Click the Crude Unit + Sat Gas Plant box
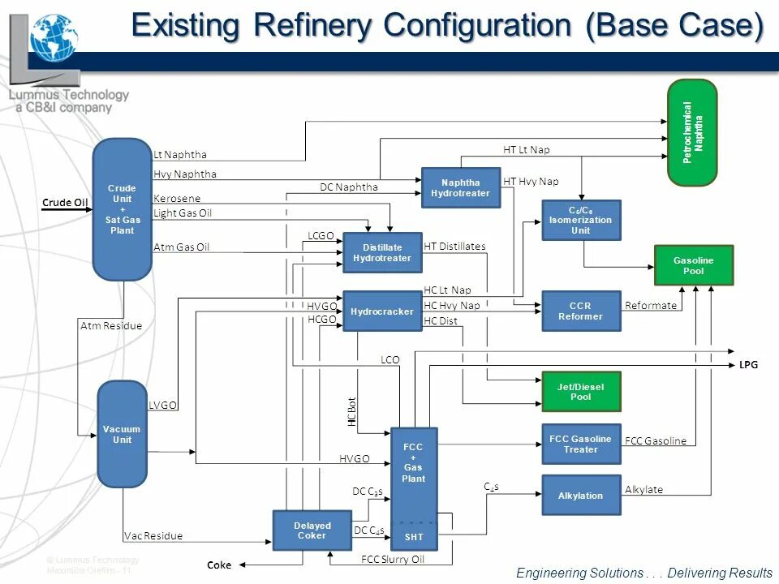pos(123,209)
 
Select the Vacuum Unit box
pos(122,434)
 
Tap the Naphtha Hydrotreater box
pos(461,187)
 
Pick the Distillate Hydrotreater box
pos(382,252)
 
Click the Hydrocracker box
pos(382,311)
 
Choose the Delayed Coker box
pos(312,530)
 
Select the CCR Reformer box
pos(581,311)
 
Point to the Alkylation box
pos(581,495)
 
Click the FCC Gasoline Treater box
pos(581,444)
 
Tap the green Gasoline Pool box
pos(694,265)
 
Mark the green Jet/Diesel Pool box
pos(581,392)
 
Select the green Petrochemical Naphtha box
pos(692,132)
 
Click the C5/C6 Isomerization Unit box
pos(581,220)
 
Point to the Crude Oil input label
pos(65,203)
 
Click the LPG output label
pos(748,365)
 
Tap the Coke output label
pos(219,565)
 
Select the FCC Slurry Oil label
pos(393,559)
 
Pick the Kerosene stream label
pos(177,198)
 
